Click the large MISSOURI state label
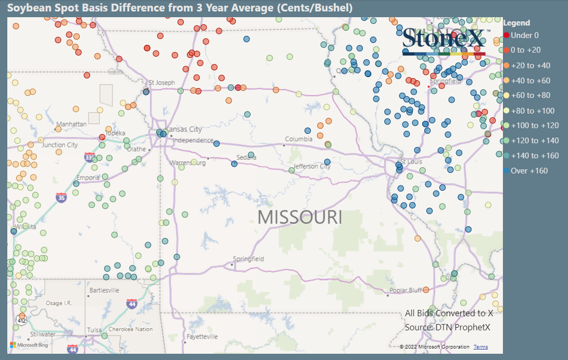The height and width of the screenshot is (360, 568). tap(300, 217)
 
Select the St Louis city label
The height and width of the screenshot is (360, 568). tap(411, 162)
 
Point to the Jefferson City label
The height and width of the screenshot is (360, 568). tap(312, 167)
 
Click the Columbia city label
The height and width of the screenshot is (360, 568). tap(298, 139)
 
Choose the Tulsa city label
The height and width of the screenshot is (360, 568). tap(94, 330)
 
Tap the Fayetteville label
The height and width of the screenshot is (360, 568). tap(202, 337)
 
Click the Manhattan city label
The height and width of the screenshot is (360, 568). tap(71, 125)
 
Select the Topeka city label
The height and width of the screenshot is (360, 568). tap(115, 133)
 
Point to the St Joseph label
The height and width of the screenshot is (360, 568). tap(162, 82)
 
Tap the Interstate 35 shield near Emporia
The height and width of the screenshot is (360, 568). tap(61, 198)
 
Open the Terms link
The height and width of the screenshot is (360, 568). tap(481, 347)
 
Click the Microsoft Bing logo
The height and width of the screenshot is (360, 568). tap(29, 345)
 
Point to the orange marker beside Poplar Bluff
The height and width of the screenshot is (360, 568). tap(426, 290)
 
